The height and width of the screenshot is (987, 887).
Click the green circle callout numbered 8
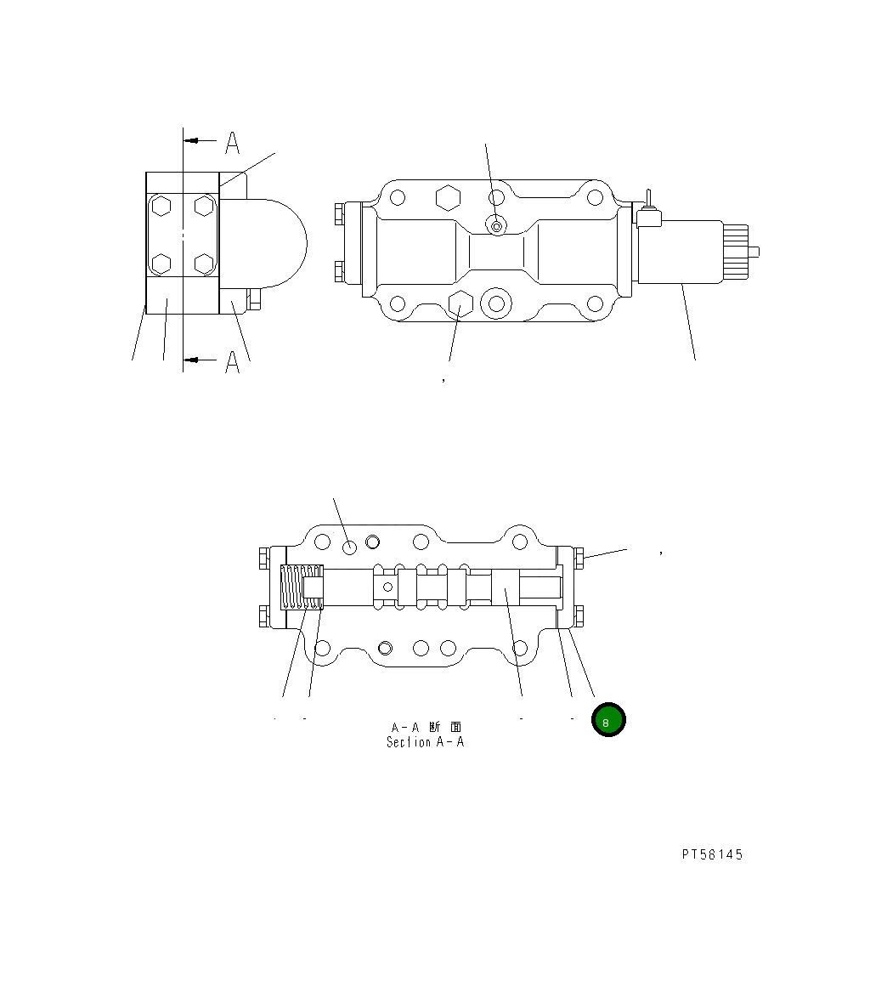click(608, 720)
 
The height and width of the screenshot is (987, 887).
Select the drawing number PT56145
click(711, 854)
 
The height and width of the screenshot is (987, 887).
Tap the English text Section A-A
click(425, 742)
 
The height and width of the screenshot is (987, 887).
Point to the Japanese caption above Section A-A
click(426, 727)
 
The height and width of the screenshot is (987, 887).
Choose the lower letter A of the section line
click(232, 363)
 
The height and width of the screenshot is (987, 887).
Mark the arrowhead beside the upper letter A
click(194, 140)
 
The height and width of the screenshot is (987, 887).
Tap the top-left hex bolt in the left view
click(162, 206)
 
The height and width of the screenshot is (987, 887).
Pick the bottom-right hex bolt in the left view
click(204, 263)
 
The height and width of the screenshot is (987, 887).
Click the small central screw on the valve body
click(496, 225)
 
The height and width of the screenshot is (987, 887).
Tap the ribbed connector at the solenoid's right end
click(737, 251)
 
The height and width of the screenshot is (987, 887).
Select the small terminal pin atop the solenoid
click(647, 201)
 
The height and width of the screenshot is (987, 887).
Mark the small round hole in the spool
click(387, 586)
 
